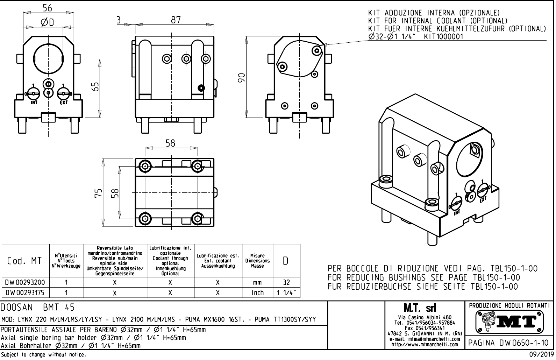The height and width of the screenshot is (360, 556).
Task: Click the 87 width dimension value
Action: tap(176, 20)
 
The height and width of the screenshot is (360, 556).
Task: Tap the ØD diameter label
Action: tap(48, 23)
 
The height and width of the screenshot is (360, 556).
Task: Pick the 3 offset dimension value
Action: tap(119, 20)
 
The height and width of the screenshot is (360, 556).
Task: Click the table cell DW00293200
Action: tap(25, 282)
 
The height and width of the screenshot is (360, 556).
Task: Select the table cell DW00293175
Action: tap(25, 292)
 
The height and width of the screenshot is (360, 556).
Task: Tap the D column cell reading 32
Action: tap(286, 282)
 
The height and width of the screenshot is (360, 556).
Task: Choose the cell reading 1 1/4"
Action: tap(286, 292)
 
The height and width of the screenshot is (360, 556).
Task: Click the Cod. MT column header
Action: tap(24, 261)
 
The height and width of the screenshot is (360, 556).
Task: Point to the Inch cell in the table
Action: tap(258, 292)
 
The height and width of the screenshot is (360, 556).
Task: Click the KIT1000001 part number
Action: tap(443, 37)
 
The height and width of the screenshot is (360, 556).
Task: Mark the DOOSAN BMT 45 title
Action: tap(38, 308)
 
